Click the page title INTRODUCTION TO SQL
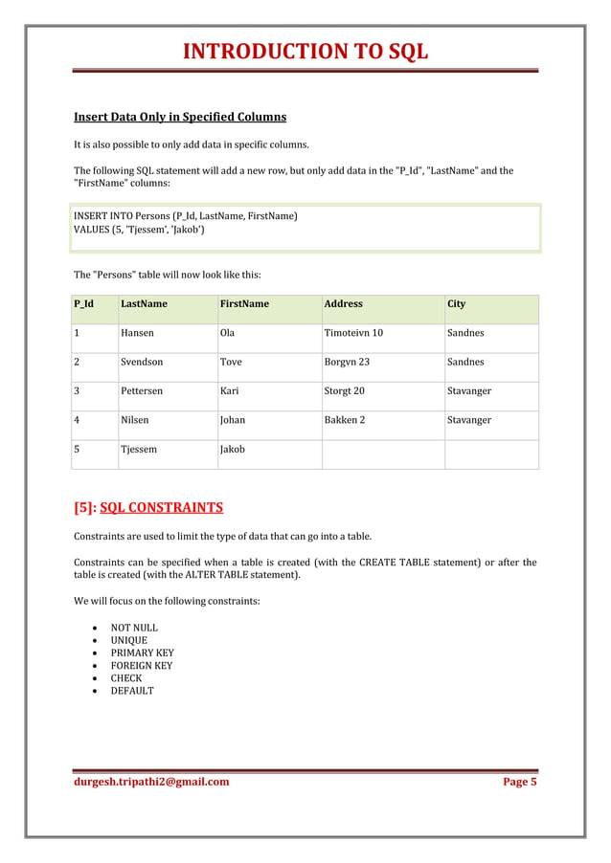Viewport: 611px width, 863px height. click(x=305, y=51)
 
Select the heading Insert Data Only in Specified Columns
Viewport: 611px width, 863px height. click(x=180, y=118)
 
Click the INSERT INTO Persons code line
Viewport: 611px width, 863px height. click(x=185, y=217)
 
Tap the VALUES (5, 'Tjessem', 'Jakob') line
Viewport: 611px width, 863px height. click(x=138, y=230)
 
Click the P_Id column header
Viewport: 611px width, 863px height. click(x=83, y=304)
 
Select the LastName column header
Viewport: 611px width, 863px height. click(x=144, y=304)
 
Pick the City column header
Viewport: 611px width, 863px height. click(x=456, y=304)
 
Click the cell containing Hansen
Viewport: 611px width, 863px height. click(x=138, y=334)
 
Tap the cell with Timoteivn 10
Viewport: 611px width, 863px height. click(x=353, y=334)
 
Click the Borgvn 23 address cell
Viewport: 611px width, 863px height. click(x=347, y=363)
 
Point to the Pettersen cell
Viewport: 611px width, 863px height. click(x=142, y=391)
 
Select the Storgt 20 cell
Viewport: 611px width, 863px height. click(x=344, y=391)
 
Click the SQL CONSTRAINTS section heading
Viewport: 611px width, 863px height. click(x=161, y=507)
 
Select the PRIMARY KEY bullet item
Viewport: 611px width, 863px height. click(x=142, y=653)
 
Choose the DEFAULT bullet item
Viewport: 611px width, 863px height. click(x=132, y=691)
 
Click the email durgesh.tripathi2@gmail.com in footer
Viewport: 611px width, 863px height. click(x=151, y=782)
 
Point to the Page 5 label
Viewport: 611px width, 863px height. click(x=520, y=782)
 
